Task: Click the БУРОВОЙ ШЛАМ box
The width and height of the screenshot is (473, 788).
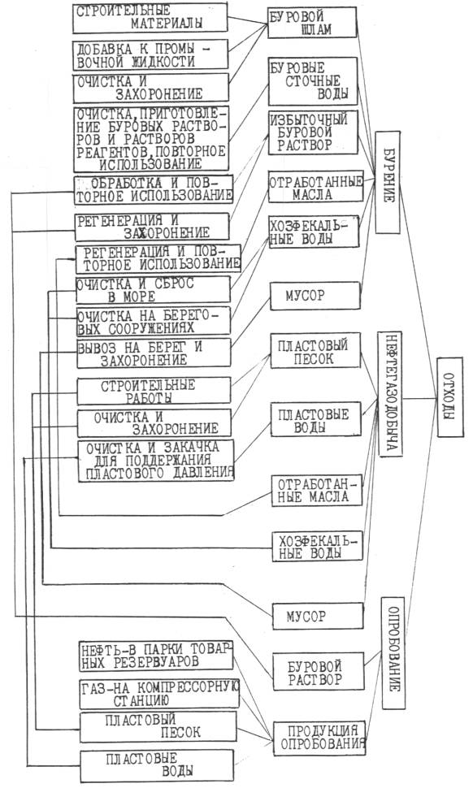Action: [311, 23]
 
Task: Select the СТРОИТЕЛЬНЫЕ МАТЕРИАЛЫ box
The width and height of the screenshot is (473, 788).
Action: [150, 19]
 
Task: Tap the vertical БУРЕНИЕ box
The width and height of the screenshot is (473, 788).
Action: [388, 183]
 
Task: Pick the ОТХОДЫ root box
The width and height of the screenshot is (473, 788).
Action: [450, 397]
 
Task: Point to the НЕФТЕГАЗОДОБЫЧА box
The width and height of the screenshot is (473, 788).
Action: [389, 393]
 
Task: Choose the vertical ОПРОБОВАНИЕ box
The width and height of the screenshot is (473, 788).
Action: [393, 653]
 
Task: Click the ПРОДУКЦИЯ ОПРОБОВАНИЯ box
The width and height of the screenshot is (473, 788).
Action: [319, 738]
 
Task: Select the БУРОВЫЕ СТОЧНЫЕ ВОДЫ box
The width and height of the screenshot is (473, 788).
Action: [312, 81]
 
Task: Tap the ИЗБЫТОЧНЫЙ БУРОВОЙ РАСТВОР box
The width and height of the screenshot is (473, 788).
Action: [313, 132]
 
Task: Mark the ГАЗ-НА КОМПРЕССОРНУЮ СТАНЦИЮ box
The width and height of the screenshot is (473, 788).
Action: [159, 694]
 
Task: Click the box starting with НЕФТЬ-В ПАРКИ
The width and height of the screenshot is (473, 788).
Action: [156, 656]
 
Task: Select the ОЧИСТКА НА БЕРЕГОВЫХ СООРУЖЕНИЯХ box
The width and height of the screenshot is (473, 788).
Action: [153, 321]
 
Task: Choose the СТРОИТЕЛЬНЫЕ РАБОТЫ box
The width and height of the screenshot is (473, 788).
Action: [154, 391]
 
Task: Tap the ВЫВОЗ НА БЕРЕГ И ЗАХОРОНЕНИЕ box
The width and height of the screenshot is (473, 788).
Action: [154, 353]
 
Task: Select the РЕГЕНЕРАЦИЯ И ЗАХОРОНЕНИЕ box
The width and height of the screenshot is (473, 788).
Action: [152, 227]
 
